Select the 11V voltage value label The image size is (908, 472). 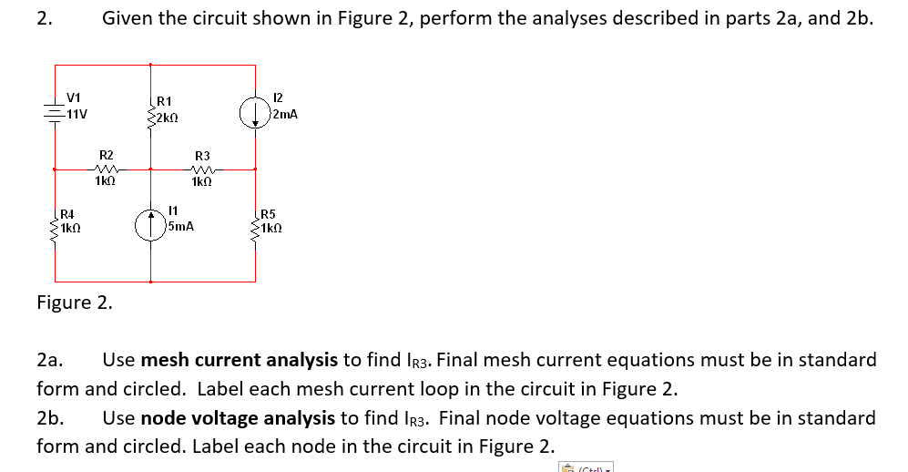[75, 114]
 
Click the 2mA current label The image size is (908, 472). [286, 115]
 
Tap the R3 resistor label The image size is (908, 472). [202, 156]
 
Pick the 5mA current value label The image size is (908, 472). [181, 226]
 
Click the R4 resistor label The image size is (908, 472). [66, 213]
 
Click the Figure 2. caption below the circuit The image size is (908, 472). [75, 303]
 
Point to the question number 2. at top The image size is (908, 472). [44, 17]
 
